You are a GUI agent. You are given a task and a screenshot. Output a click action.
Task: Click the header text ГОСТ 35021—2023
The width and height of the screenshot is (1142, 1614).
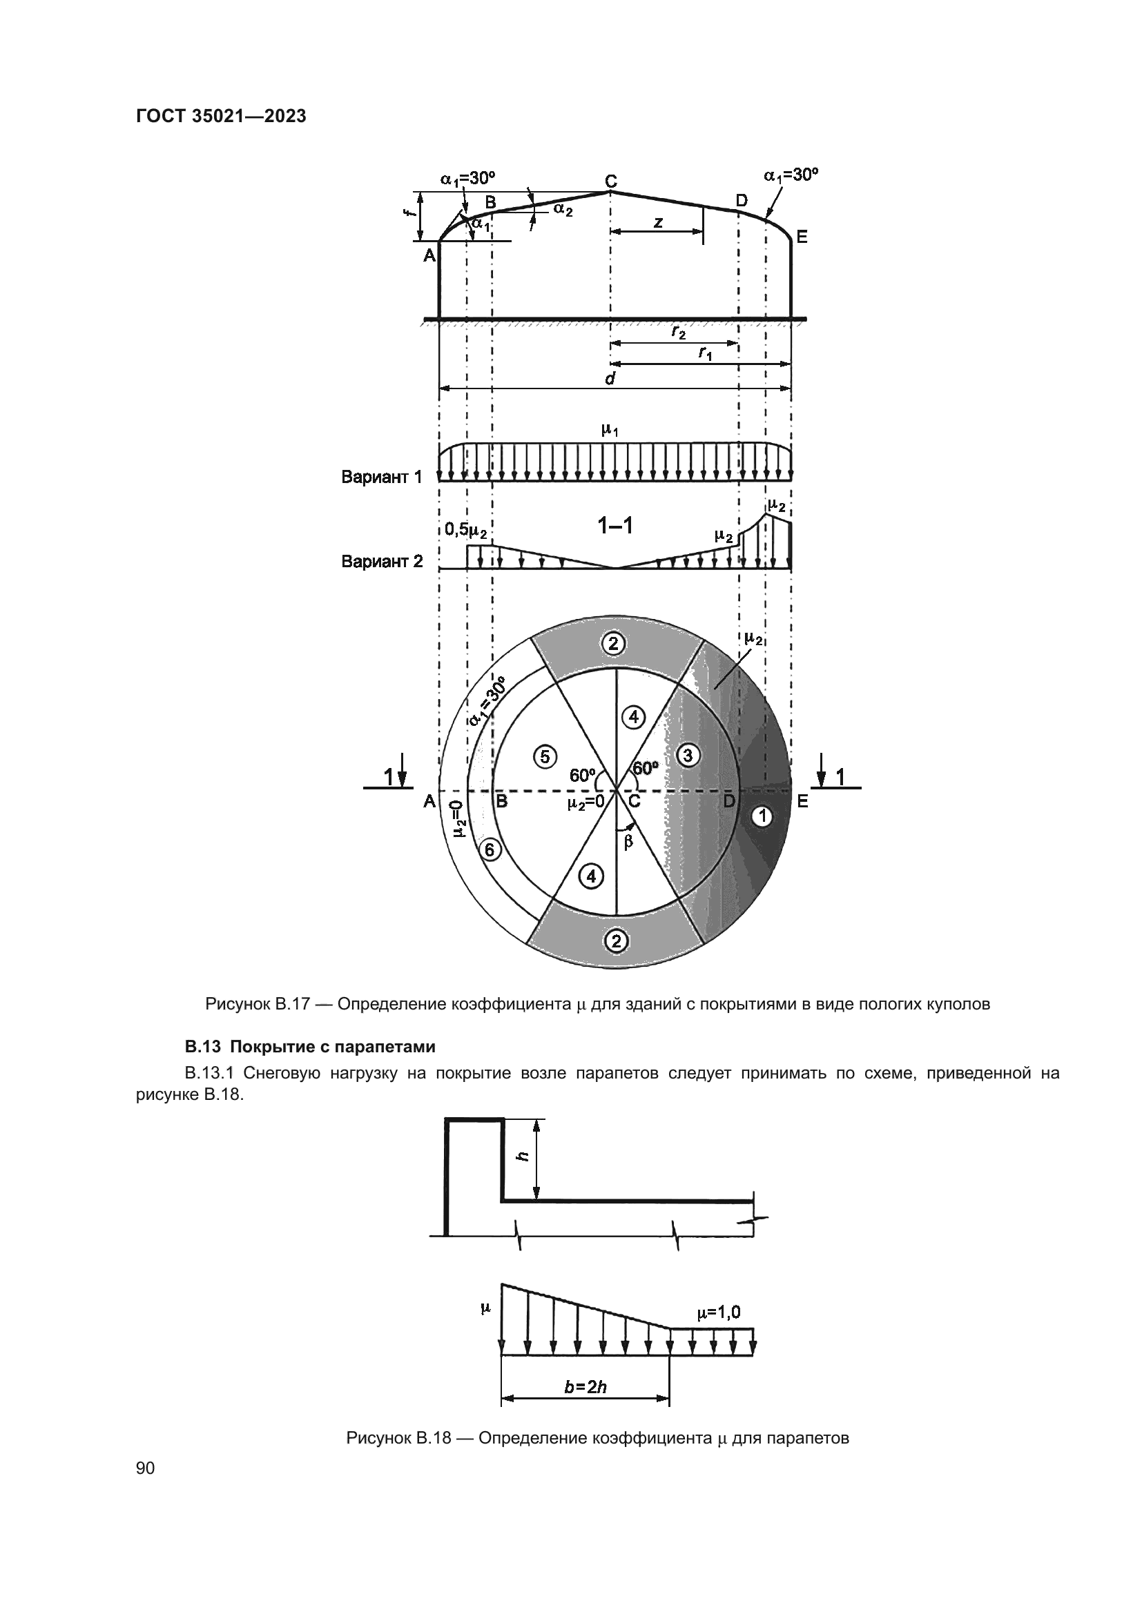[x=221, y=117]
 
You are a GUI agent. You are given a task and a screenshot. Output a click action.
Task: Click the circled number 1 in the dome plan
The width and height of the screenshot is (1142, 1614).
[x=762, y=816]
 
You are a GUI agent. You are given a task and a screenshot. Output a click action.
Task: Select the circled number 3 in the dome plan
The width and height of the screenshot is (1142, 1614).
[x=687, y=756]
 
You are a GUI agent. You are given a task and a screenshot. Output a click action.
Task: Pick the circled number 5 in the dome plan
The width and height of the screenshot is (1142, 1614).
[x=545, y=756]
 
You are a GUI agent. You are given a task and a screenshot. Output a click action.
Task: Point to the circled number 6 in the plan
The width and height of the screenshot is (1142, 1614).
[x=490, y=851]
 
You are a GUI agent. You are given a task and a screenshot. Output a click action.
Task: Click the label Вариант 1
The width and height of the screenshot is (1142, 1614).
[x=382, y=478]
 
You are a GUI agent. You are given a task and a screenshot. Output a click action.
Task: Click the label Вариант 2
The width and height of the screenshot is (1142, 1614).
[x=382, y=562]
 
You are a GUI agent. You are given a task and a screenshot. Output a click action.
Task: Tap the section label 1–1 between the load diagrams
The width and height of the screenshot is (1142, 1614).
[x=614, y=525]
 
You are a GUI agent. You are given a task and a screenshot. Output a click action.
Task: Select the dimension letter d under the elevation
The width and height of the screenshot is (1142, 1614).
[x=610, y=380]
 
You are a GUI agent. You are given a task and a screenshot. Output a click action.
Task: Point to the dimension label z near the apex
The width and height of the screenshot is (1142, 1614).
[x=657, y=222]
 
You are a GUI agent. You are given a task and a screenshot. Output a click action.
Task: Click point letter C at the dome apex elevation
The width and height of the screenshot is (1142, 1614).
[x=611, y=181]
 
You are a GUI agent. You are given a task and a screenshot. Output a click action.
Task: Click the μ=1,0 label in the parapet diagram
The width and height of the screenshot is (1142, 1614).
[x=718, y=1312]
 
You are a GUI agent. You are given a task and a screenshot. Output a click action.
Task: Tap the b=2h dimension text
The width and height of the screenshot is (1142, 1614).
[x=585, y=1387]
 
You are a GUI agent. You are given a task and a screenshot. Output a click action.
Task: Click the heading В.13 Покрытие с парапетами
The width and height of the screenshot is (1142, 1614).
[x=310, y=1047]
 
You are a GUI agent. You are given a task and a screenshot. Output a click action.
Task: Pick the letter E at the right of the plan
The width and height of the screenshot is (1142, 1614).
[x=802, y=800]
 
